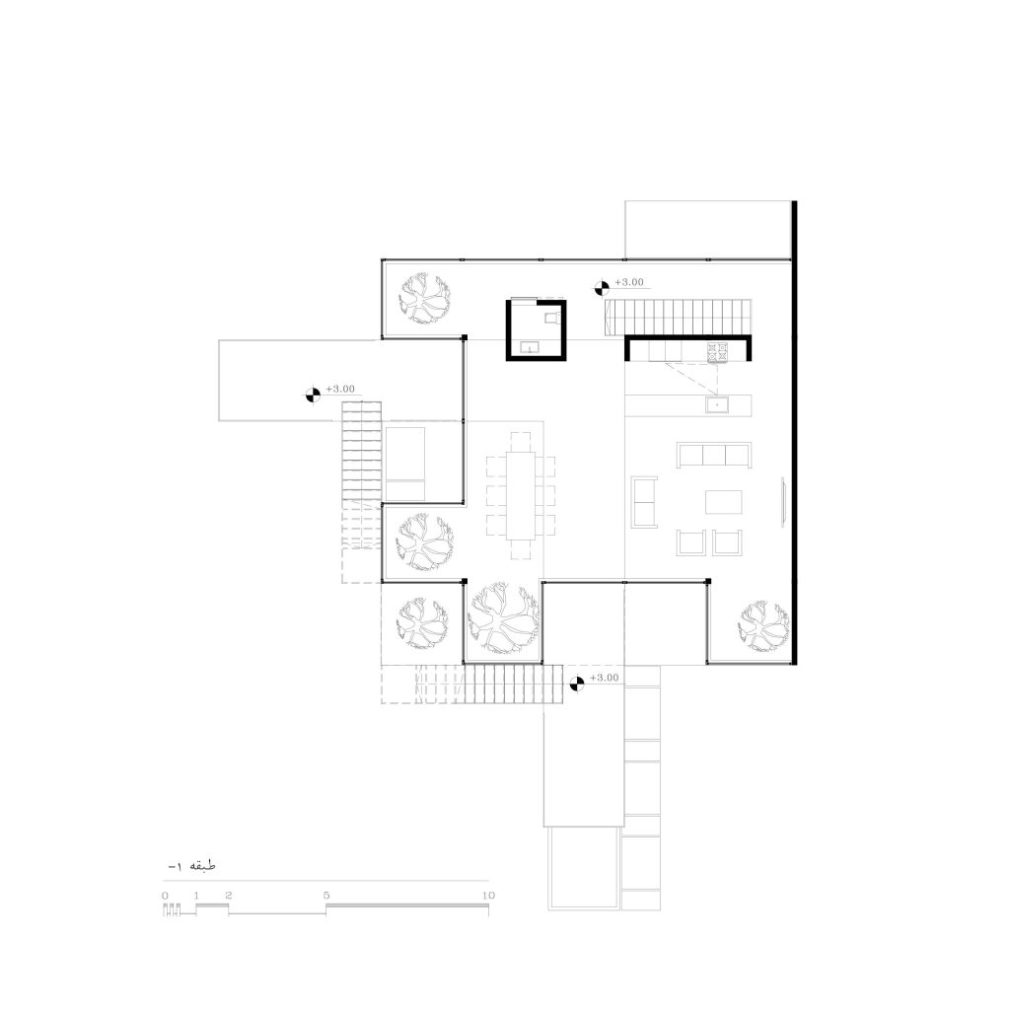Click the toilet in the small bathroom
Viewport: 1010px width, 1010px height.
tap(550, 317)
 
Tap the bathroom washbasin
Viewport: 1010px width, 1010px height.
tap(530, 347)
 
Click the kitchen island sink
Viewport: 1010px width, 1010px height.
tap(716, 404)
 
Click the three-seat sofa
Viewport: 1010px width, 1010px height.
tap(714, 455)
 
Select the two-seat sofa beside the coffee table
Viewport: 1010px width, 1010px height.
tap(646, 501)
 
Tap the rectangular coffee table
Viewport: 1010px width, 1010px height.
tap(725, 503)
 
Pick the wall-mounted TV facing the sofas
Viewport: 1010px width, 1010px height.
tap(783, 502)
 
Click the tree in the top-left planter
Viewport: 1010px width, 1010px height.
tap(426, 297)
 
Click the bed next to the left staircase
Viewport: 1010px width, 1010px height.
tap(405, 463)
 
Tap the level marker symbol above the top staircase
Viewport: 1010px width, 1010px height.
tap(601, 289)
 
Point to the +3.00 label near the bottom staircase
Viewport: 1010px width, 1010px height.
tap(604, 679)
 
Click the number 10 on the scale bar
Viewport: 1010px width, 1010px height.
tap(486, 896)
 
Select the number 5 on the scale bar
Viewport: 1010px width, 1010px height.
tap(326, 896)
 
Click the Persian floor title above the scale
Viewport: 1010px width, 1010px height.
tap(191, 866)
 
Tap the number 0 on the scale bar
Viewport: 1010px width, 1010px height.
tap(165, 896)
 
